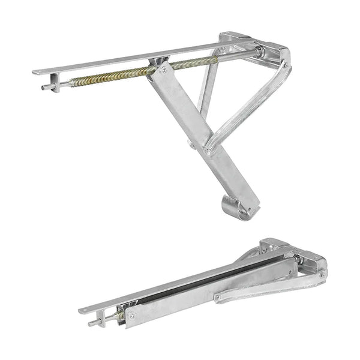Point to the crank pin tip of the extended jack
(44, 87)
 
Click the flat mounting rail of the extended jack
(120, 61)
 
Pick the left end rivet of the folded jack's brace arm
(219, 297)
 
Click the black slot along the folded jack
(198, 282)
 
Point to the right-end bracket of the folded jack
(312, 261)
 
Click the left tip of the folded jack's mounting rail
(82, 311)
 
